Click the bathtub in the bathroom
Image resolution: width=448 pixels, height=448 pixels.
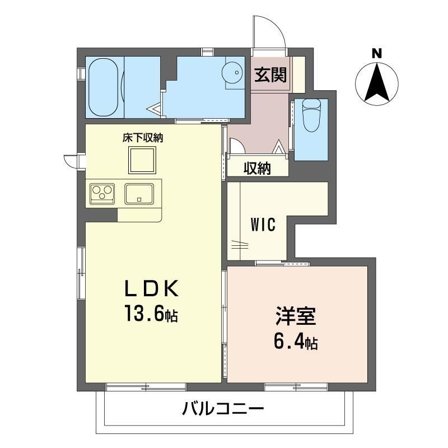pos(103,87)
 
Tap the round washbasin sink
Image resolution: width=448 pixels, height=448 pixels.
pos(232,72)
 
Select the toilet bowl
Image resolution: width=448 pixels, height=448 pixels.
pos(311,115)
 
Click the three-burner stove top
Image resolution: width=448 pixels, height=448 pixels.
pos(102,193)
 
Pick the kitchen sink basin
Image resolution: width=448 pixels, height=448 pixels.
pos(139,194)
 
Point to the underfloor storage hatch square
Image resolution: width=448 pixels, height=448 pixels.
pos(142,160)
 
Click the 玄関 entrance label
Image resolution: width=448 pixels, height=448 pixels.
pos(270,74)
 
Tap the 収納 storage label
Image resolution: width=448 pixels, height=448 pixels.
pos(257,168)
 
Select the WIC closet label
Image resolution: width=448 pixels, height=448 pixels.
pos(263,225)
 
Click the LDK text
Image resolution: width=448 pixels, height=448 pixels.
pos(152,288)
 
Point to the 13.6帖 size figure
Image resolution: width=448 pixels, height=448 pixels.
pos(151,314)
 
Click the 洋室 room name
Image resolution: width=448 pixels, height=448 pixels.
pos(296,316)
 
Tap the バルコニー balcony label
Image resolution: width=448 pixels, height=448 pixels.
pos(223,409)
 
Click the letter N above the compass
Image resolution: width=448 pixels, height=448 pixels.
pos(376,54)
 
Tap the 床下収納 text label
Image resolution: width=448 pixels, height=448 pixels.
pos(143,138)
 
